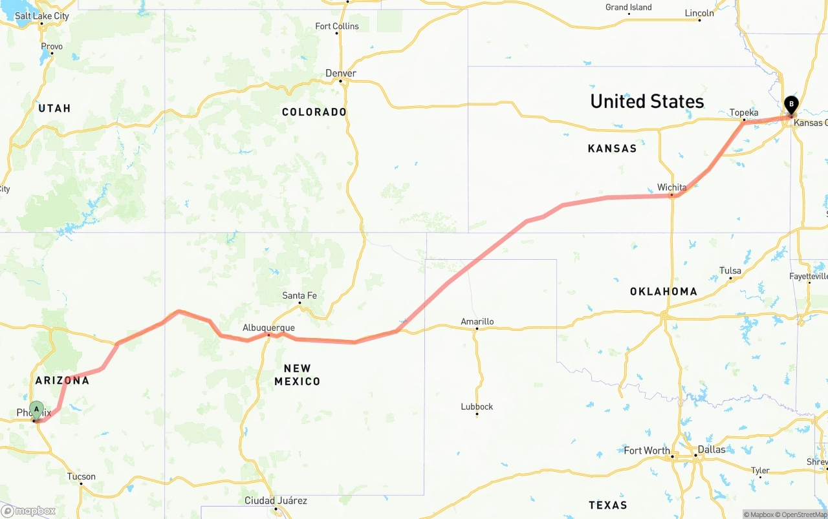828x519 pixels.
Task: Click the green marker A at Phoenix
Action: [37, 409]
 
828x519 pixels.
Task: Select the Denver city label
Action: [341, 73]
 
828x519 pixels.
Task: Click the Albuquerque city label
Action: [268, 328]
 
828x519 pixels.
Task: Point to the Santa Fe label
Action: [300, 295]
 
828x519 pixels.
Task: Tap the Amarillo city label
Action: [477, 321]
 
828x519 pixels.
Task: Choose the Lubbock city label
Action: [477, 407]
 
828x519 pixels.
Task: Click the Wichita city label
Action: [671, 187]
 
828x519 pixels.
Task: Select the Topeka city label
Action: [744, 112]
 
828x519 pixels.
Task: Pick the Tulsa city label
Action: [730, 271]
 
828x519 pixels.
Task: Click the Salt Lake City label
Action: [42, 16]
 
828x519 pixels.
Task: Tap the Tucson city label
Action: [82, 476]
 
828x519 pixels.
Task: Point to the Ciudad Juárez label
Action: [276, 500]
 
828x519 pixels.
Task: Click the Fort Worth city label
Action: [647, 450]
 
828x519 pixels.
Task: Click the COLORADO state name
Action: [314, 112]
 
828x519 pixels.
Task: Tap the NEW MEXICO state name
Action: [297, 375]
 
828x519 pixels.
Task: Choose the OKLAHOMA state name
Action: [664, 291]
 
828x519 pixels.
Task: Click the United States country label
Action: [647, 101]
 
